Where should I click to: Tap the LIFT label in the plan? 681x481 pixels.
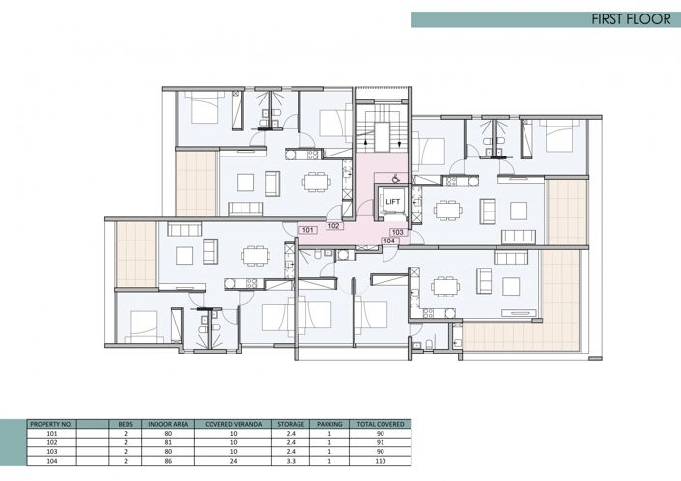pos(392,202)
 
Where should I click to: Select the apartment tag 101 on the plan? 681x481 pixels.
pos(307,230)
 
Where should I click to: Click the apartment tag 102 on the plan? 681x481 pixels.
pos(332,225)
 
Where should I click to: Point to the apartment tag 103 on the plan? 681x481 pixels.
pos(396,232)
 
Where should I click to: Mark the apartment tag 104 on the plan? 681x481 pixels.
pos(389,240)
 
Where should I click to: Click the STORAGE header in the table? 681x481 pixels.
pos(291,424)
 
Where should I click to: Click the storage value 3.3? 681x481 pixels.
pos(291,459)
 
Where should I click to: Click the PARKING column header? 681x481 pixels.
pos(330,424)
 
